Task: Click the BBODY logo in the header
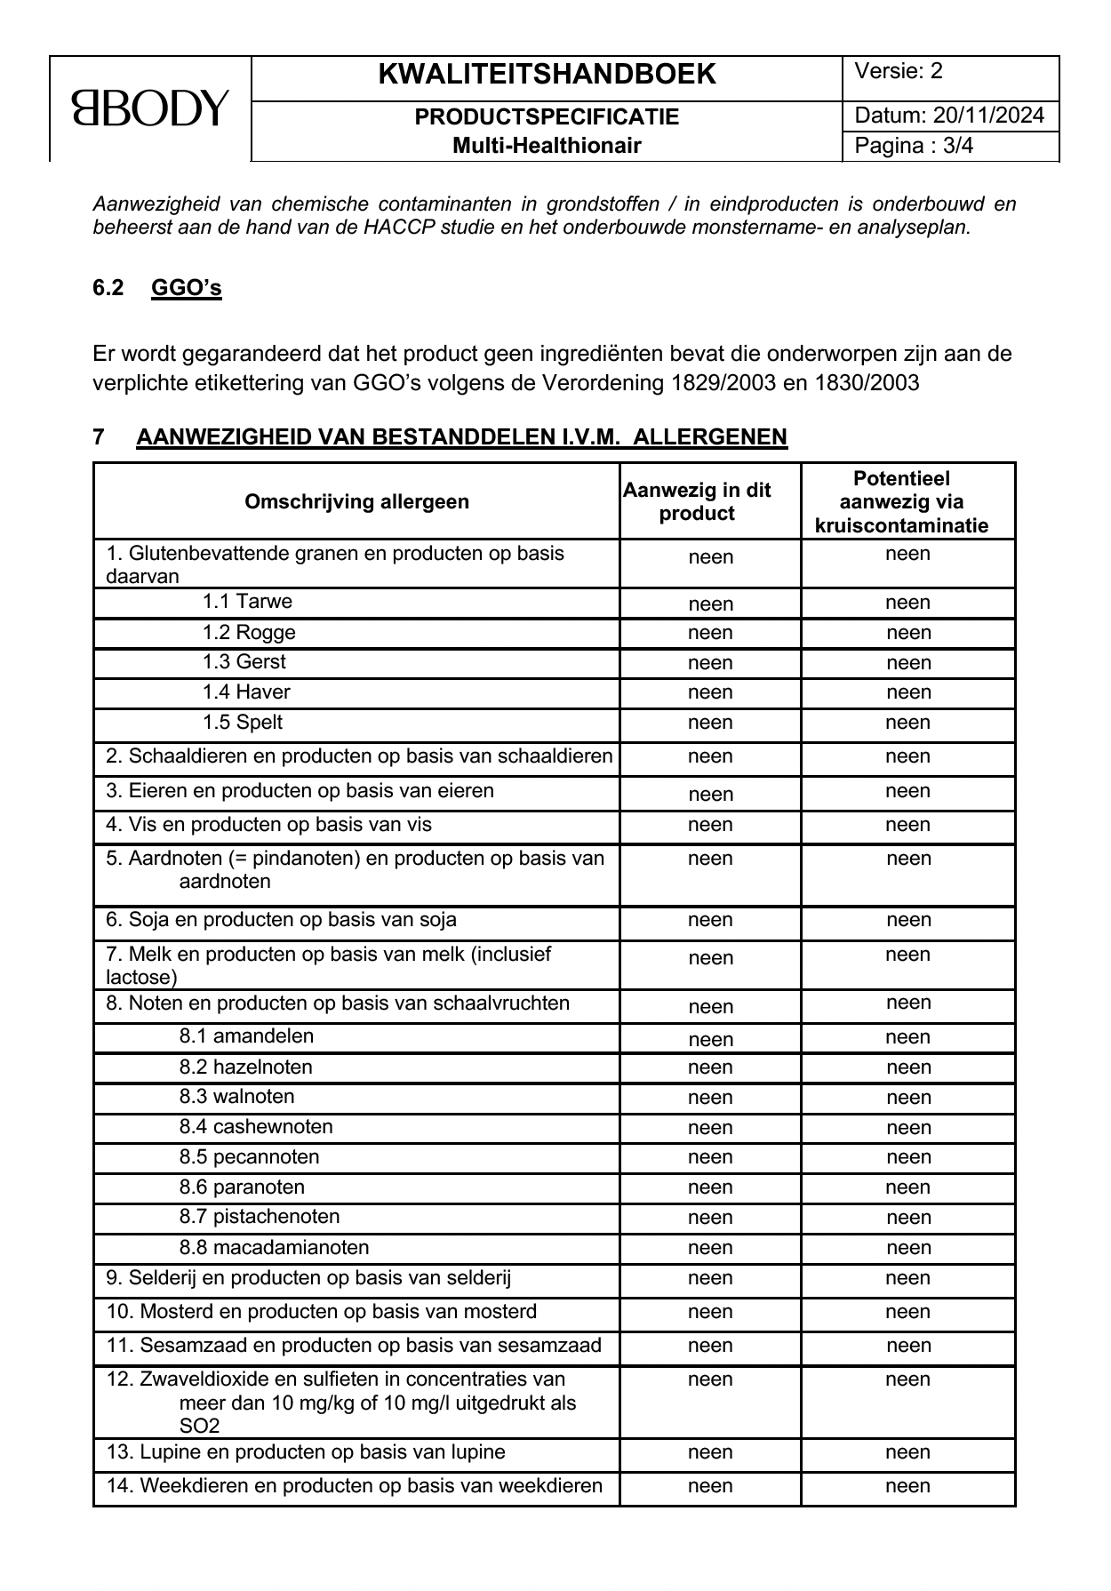(x=150, y=108)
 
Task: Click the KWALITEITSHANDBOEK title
(x=547, y=75)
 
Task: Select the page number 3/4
(x=958, y=146)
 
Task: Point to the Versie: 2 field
(x=899, y=72)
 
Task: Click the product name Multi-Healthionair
(x=547, y=146)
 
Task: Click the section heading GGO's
(x=186, y=288)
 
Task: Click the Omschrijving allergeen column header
(x=356, y=501)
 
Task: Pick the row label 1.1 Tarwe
(x=247, y=602)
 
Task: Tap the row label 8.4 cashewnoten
(x=256, y=1127)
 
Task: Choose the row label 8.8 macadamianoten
(x=274, y=1247)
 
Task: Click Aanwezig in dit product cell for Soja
(x=710, y=920)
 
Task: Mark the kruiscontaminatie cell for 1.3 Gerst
(x=908, y=663)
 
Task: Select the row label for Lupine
(x=306, y=1452)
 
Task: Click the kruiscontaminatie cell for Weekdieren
(x=908, y=1486)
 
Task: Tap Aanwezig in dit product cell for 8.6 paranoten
(x=710, y=1187)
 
